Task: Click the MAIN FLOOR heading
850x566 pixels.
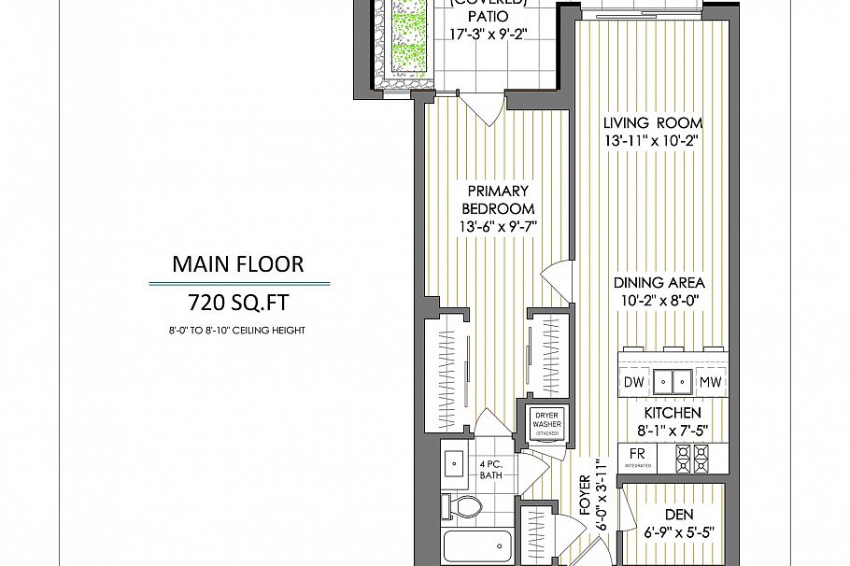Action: (238, 264)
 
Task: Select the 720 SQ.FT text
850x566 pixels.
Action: (238, 303)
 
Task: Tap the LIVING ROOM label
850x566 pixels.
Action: (652, 122)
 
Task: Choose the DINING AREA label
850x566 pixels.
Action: (659, 283)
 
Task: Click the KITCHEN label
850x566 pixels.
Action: (672, 413)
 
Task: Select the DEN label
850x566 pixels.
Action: (679, 514)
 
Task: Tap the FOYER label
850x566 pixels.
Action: (586, 496)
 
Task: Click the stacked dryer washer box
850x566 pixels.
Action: (547, 424)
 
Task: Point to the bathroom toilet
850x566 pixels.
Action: (466, 508)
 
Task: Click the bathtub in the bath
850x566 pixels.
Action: (477, 546)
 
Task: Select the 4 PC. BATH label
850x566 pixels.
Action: (491, 470)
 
